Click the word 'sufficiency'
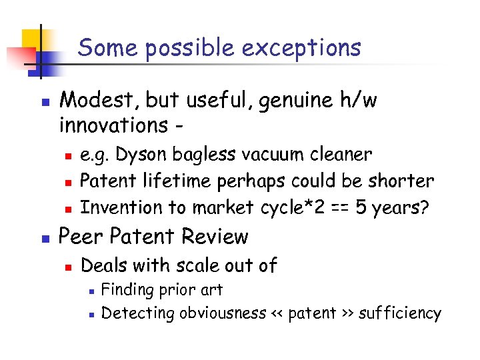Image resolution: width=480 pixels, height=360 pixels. tap(400, 313)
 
